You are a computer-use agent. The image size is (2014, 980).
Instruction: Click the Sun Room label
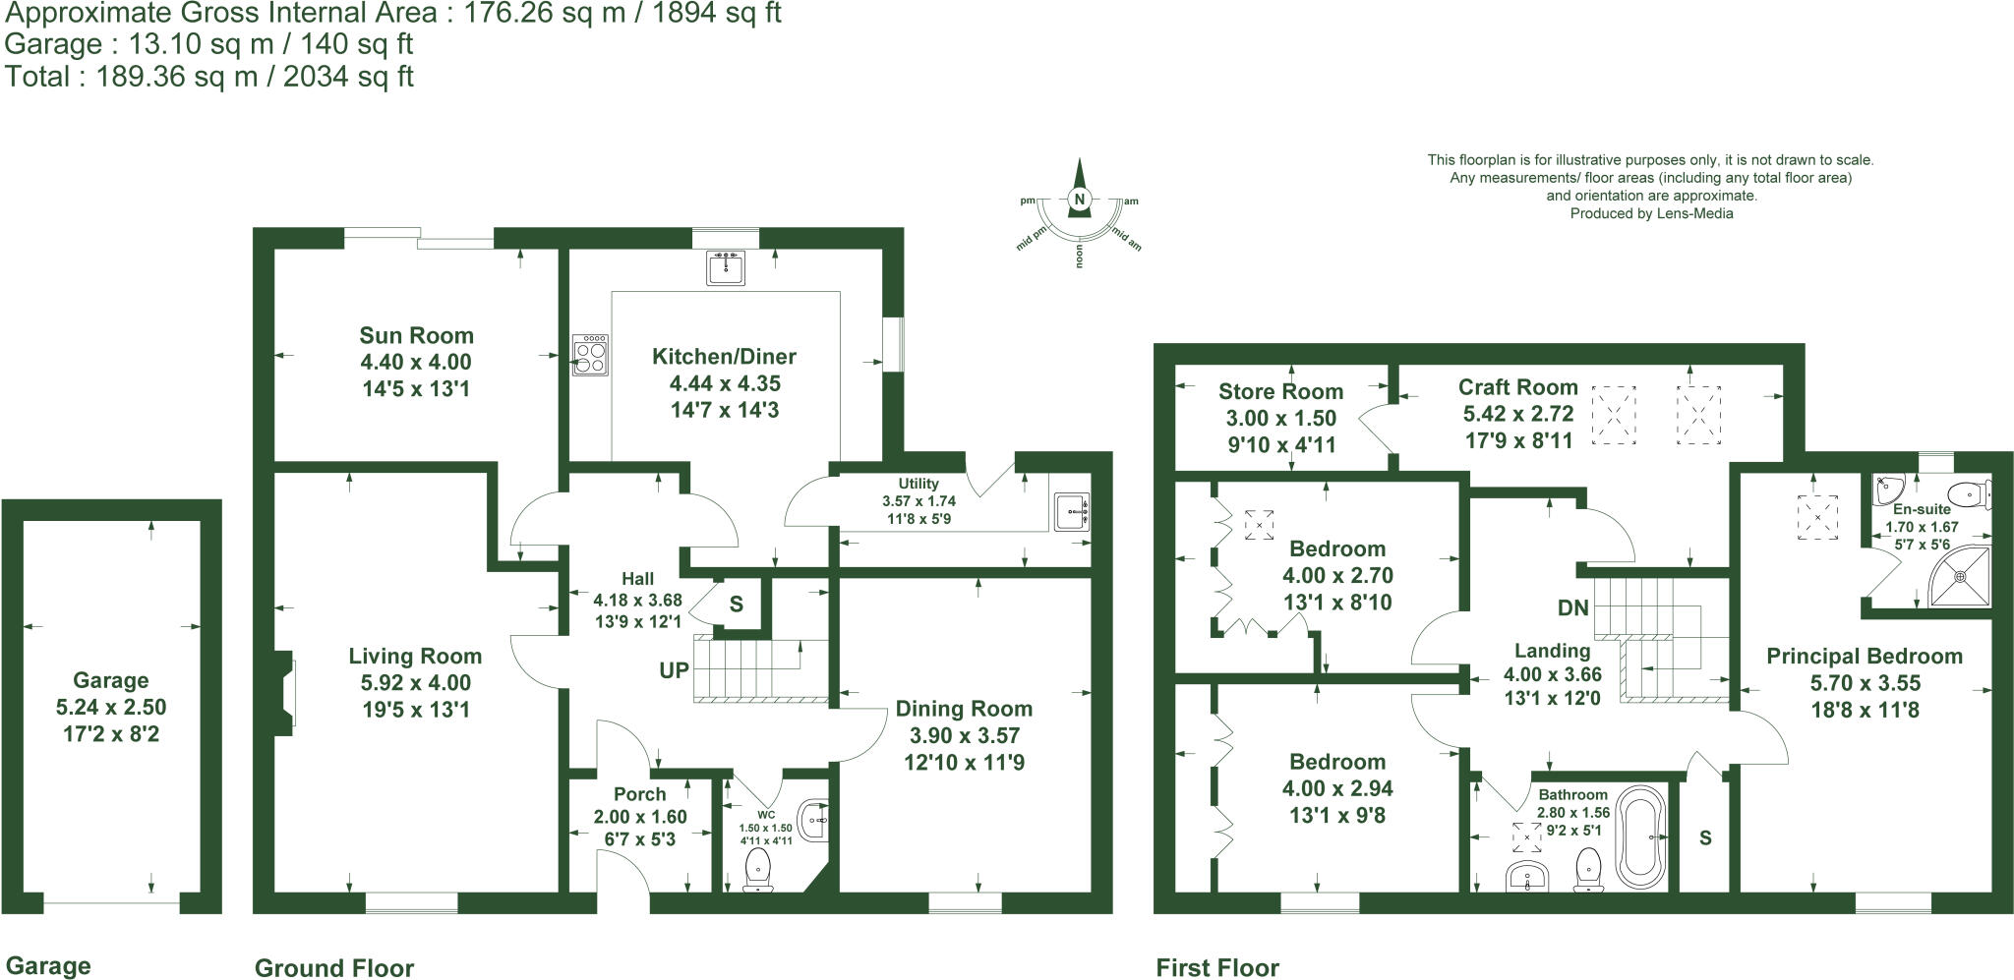(416, 335)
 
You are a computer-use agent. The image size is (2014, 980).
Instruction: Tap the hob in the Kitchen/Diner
(590, 355)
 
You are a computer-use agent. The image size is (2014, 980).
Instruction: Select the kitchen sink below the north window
(726, 267)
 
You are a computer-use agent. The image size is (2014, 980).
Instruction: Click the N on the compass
(1080, 201)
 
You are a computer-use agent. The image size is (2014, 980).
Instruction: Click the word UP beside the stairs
(674, 671)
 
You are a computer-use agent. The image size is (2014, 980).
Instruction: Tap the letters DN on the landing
(1573, 607)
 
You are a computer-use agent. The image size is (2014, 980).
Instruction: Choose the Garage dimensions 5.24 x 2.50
(111, 707)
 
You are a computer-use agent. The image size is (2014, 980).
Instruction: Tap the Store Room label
(1280, 391)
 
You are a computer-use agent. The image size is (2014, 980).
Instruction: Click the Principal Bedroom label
(1864, 657)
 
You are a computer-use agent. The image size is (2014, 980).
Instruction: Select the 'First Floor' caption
(1216, 968)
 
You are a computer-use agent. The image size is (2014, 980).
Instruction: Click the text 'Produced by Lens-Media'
(1651, 213)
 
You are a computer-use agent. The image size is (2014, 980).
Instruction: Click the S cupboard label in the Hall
(736, 605)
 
